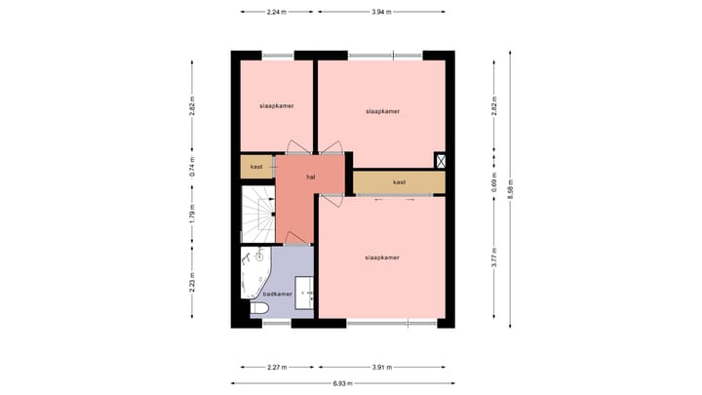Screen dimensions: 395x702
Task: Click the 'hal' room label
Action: coord(310,177)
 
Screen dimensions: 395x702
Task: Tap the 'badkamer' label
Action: coord(277,294)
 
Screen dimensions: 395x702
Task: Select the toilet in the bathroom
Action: coord(260,309)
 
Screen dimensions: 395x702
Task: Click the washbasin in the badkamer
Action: coord(306,292)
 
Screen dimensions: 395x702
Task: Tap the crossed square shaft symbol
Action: coord(440,162)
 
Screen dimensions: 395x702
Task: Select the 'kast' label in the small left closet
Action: coord(256,167)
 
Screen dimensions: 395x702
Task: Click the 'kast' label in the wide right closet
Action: coord(399,182)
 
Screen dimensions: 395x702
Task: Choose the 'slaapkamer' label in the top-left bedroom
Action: coord(277,105)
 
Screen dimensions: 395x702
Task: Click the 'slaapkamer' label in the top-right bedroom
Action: coord(382,111)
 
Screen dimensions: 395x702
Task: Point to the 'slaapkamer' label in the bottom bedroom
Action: coord(381,257)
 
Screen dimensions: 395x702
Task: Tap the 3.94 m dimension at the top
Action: coord(380,12)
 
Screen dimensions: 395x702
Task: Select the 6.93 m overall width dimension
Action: coord(342,383)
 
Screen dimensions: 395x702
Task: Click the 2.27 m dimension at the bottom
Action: coord(277,368)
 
